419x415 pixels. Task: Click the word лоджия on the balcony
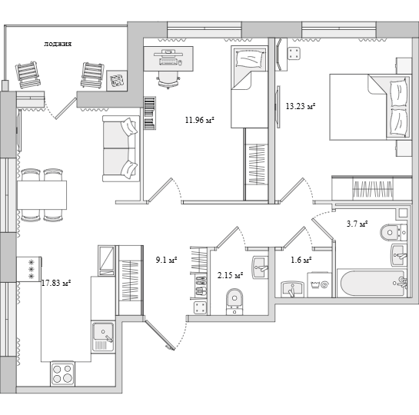tap(58, 44)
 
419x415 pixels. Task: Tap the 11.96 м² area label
tap(200, 120)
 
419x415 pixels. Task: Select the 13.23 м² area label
tap(301, 106)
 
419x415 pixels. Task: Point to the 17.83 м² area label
tap(56, 283)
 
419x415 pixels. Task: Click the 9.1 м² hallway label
tap(167, 260)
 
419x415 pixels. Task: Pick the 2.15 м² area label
tap(230, 275)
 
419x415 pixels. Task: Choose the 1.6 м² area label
tap(301, 260)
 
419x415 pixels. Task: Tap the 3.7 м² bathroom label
tap(357, 224)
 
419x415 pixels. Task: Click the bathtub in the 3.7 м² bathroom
tap(372, 283)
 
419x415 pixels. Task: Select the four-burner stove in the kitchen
tap(62, 373)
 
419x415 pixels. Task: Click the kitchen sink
tap(103, 337)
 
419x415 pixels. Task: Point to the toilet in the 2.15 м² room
tap(234, 301)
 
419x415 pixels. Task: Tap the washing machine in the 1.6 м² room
tap(319, 284)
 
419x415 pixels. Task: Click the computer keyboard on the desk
tap(168, 61)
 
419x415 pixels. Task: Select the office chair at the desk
tap(168, 80)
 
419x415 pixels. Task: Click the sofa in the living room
tap(121, 149)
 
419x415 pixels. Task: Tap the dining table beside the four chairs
tap(42, 195)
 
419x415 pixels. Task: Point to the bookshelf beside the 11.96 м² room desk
tap(150, 113)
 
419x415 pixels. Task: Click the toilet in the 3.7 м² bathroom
tap(393, 232)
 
